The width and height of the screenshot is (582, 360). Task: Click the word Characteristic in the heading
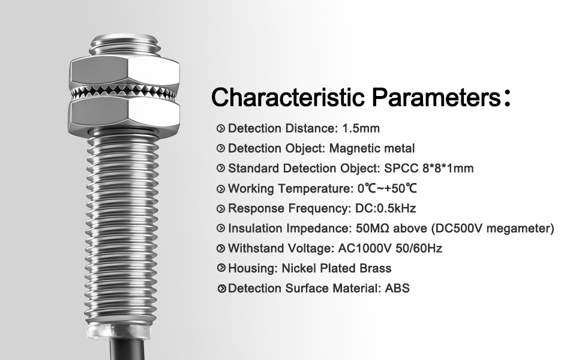[x=288, y=97]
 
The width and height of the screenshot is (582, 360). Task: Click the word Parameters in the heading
[x=437, y=97]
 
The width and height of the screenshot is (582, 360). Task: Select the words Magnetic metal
[x=372, y=148]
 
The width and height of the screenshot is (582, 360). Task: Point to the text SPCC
[x=401, y=168]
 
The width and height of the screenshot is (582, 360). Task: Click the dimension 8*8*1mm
[x=448, y=168]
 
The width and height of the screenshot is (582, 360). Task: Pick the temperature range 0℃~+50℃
[x=387, y=188]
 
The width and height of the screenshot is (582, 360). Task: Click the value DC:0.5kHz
[x=386, y=208]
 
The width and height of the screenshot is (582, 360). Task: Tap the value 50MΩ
[x=372, y=228]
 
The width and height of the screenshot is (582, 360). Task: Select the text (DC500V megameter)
[x=493, y=228]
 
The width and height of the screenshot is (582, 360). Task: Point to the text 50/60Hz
[x=419, y=248]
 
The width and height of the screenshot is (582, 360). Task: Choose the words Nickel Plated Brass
[x=337, y=268]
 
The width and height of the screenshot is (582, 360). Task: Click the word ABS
[x=397, y=288]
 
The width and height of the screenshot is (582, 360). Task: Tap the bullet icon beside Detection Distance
[x=221, y=129]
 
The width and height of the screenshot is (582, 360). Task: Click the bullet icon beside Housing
[x=221, y=268]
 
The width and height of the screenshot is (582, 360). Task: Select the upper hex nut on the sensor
[x=125, y=71]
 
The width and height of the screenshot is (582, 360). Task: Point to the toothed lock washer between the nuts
[x=123, y=92]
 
